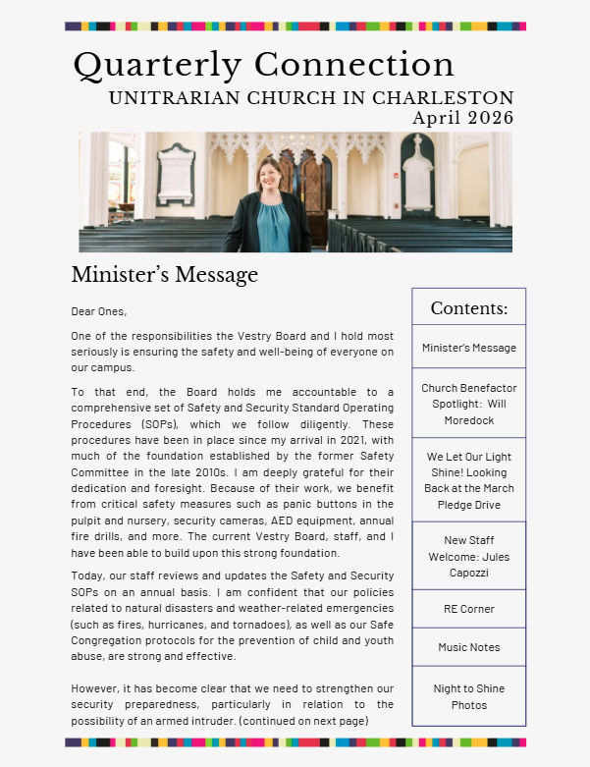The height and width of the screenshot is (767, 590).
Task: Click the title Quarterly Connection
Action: click(263, 65)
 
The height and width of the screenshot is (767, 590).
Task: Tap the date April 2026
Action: click(462, 118)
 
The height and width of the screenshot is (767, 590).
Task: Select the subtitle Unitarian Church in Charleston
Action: click(310, 98)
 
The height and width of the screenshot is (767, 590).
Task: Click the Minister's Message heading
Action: click(164, 274)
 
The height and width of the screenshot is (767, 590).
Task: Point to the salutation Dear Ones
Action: click(99, 311)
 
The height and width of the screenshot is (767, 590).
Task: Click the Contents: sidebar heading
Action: click(468, 308)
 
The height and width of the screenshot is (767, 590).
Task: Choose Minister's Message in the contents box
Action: click(468, 348)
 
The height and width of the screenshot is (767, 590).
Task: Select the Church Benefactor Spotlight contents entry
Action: click(468, 404)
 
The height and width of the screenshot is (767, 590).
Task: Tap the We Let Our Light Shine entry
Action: click(468, 480)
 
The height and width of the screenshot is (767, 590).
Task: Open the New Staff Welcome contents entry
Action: click(468, 556)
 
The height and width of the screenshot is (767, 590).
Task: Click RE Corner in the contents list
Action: click(468, 609)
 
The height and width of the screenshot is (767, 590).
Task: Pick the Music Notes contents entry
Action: click(468, 647)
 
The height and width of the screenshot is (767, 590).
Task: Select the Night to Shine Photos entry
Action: click(468, 697)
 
